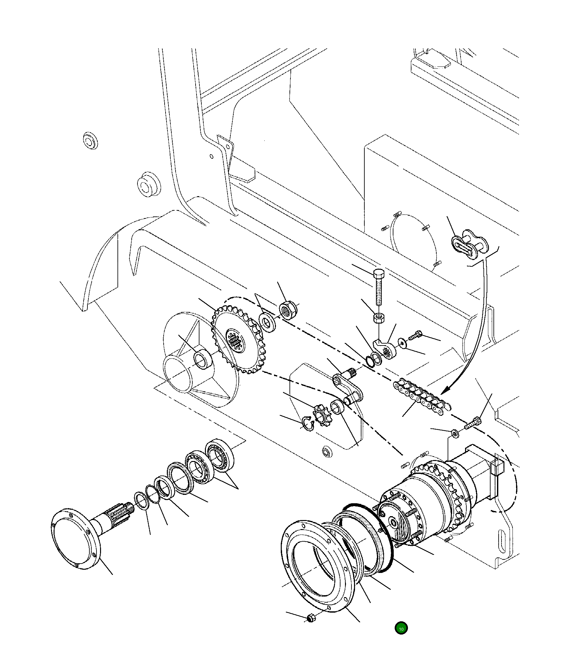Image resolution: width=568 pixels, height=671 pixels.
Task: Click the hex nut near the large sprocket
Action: coord(288,310)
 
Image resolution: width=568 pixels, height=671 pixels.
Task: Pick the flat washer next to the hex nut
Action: coord(268,322)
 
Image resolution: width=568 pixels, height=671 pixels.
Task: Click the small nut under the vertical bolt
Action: coord(378,318)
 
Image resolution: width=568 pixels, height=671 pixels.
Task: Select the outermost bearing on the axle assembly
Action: coord(219,455)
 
